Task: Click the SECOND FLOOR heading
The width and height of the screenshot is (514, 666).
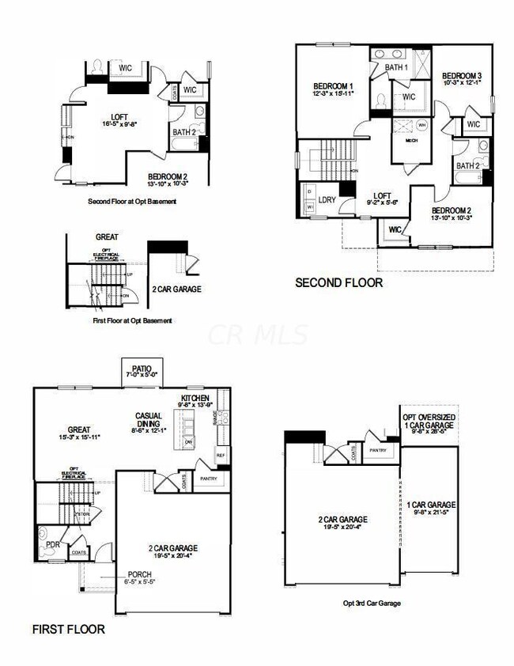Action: (338, 282)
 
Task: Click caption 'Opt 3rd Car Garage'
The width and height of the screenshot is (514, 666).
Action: (372, 604)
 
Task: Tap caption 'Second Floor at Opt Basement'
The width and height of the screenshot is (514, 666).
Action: (133, 201)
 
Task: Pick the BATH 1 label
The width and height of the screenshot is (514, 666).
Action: (396, 68)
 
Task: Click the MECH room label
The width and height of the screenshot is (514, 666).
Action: (410, 142)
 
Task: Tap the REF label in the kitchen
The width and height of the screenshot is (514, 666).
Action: (221, 456)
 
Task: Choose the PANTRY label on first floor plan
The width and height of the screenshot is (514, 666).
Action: (209, 479)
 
